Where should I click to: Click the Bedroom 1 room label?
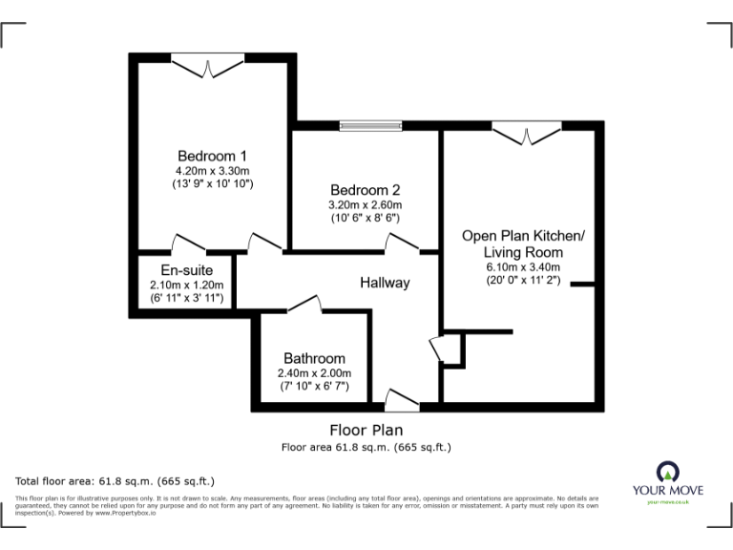click(x=213, y=156)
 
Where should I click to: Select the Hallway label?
click(x=385, y=283)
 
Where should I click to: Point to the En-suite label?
click(x=186, y=269)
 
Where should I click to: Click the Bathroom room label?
click(x=314, y=358)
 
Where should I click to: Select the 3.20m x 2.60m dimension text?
click(x=365, y=204)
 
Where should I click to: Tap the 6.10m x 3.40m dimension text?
click(x=523, y=267)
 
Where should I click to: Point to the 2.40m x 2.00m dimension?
click(x=314, y=373)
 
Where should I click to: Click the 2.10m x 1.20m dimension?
click(x=186, y=285)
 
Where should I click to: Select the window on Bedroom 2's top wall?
click(x=370, y=124)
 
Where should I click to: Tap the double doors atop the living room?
click(x=527, y=133)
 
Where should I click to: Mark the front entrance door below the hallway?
click(x=395, y=400)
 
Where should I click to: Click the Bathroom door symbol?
click(x=304, y=305)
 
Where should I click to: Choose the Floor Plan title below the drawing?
click(x=366, y=431)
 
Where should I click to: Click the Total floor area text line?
click(x=115, y=480)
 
